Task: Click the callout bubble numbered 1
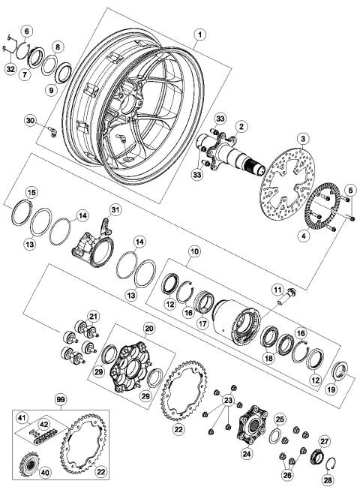[x=199, y=34]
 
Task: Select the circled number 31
[x=115, y=209]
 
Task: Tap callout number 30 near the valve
[x=30, y=120]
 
